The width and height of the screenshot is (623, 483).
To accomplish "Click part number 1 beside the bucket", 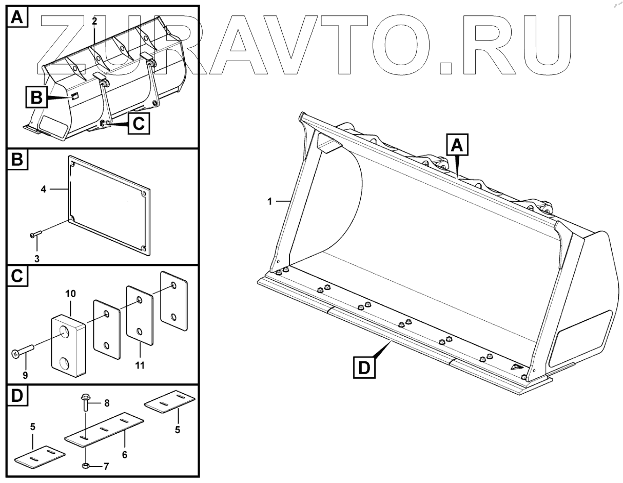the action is [269, 202].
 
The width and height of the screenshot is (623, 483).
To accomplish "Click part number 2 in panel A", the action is [94, 21].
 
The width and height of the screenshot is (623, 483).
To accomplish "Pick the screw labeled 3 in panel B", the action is [35, 235].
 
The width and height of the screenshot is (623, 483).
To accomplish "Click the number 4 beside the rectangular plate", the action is [44, 189].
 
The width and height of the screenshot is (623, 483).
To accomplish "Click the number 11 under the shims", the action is [140, 365].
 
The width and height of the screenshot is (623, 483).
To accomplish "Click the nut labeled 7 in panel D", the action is [86, 466].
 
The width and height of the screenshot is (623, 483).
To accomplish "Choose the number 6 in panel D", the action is [125, 454].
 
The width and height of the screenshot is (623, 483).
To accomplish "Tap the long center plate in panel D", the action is [103, 428].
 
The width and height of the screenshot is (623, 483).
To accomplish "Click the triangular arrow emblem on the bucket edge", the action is [516, 368].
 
